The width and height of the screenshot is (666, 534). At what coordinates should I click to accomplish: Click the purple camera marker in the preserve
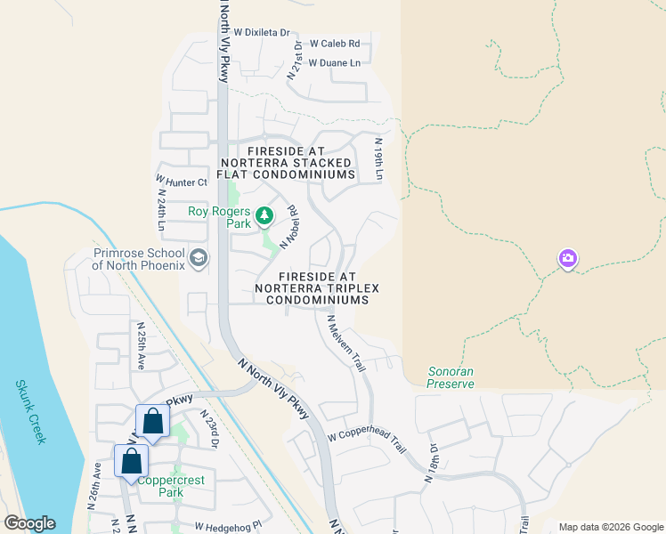[x=567, y=259]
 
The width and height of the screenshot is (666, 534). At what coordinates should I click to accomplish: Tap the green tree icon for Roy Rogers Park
[x=264, y=214]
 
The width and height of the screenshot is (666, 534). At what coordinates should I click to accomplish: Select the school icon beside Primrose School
[x=199, y=259]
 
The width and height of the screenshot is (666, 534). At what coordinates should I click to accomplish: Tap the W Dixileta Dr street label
[x=258, y=33]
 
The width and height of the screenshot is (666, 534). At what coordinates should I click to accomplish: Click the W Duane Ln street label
[x=334, y=62]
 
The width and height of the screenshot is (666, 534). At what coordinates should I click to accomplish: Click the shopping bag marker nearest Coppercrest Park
[x=132, y=462]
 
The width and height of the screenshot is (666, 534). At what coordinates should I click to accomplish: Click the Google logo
[x=29, y=523]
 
